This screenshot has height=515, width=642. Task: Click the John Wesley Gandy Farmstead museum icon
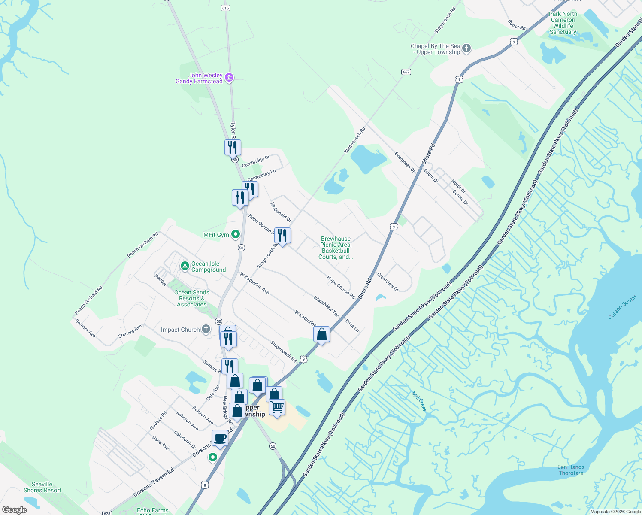point(229,78)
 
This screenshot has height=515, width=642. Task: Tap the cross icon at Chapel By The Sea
point(466,48)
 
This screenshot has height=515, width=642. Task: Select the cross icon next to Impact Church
point(206,329)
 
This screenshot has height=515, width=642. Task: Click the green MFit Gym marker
point(235,234)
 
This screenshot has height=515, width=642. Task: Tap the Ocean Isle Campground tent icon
point(185,266)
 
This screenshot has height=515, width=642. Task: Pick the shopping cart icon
point(277,407)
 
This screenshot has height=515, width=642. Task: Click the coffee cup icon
point(220,438)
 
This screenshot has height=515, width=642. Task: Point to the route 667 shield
point(406,72)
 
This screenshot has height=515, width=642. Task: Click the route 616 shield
point(226,8)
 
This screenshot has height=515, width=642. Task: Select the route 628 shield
point(107,512)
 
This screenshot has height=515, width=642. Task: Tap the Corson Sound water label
point(622,307)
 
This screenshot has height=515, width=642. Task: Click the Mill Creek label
point(419,402)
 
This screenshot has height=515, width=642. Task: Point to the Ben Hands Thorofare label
point(571,470)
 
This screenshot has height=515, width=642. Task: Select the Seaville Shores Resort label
point(42,487)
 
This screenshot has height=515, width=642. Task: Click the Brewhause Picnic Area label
point(336,248)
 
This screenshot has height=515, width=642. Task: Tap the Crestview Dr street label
point(388,282)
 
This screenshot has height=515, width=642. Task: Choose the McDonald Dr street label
point(281,212)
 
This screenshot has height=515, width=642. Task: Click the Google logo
point(14,509)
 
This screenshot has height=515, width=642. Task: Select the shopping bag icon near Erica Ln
point(321,334)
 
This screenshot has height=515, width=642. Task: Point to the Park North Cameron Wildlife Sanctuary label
point(563,23)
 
